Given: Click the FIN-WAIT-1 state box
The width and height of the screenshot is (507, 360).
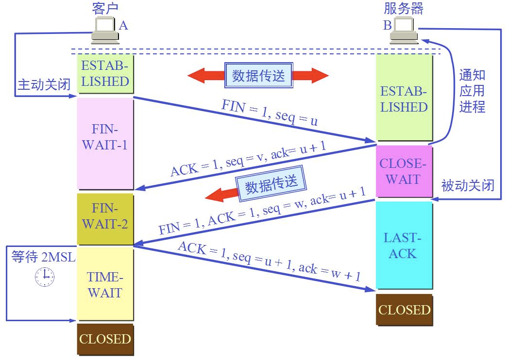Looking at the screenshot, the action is click(105, 144).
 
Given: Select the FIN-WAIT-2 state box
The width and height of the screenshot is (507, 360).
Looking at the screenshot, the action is click(105, 219).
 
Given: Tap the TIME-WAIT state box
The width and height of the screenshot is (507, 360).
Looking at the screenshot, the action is click(105, 283).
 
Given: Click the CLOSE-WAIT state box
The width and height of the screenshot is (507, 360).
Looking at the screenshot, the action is click(404, 171).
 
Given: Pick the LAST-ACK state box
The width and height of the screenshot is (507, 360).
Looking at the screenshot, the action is click(404, 245).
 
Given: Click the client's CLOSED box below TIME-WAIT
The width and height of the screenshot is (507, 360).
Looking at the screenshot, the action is click(105, 339).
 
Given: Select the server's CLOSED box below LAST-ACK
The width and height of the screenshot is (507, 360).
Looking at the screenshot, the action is click(404, 310).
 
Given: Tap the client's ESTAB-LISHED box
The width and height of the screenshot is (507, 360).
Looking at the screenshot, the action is click(105, 74).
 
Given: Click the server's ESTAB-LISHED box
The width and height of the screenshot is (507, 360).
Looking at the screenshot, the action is click(404, 97).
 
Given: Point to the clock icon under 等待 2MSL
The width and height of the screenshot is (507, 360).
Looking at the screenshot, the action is click(45, 277).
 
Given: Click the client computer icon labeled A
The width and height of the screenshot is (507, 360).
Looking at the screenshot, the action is click(105, 30).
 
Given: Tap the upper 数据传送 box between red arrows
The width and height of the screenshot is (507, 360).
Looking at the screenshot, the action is click(259, 75).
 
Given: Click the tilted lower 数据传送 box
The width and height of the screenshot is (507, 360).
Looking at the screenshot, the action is click(271, 183).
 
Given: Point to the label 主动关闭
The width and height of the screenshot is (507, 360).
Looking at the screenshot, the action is click(44, 84).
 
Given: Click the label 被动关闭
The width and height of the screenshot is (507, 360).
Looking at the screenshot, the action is click(468, 185).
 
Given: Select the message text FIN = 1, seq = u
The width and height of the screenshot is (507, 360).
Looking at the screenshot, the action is click(270, 113).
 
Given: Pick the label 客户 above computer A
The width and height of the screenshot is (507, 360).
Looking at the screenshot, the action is click(105, 8).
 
